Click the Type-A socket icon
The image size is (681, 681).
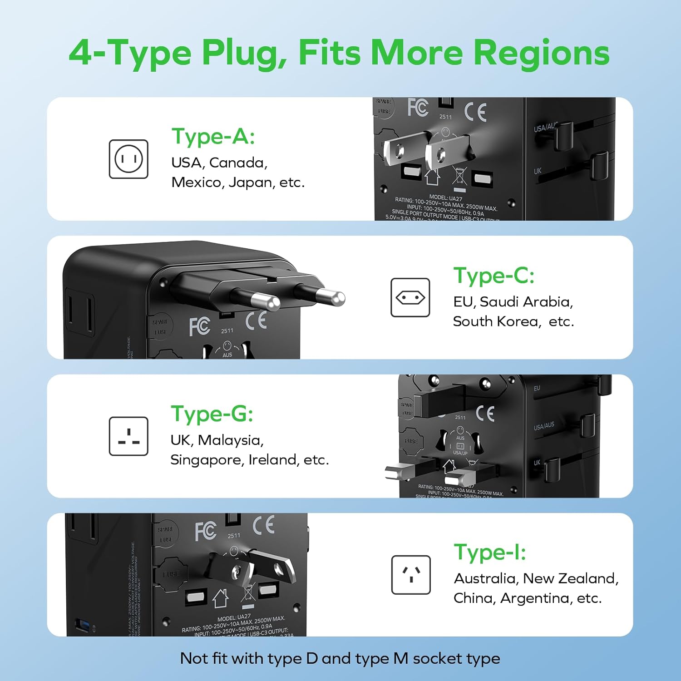pyautogui.click(x=128, y=159)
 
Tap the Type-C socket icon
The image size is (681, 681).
pyautogui.click(x=410, y=298)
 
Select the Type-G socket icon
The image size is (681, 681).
pyautogui.click(x=128, y=436)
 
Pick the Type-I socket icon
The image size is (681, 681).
pyautogui.click(x=411, y=575)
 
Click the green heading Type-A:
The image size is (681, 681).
pyautogui.click(x=213, y=136)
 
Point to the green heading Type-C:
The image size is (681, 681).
pyautogui.click(x=494, y=276)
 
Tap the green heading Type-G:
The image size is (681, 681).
pyautogui.click(x=212, y=414)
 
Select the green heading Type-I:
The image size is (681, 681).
pyautogui.click(x=490, y=553)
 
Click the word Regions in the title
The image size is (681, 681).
pyautogui.click(x=541, y=53)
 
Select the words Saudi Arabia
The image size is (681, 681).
pyautogui.click(x=526, y=302)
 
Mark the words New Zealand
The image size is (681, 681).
pyautogui.click(x=570, y=578)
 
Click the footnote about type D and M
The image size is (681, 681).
pyautogui.click(x=340, y=658)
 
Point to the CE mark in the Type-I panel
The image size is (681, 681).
pyautogui.click(x=264, y=525)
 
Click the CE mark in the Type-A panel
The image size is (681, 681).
pyautogui.click(x=475, y=112)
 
